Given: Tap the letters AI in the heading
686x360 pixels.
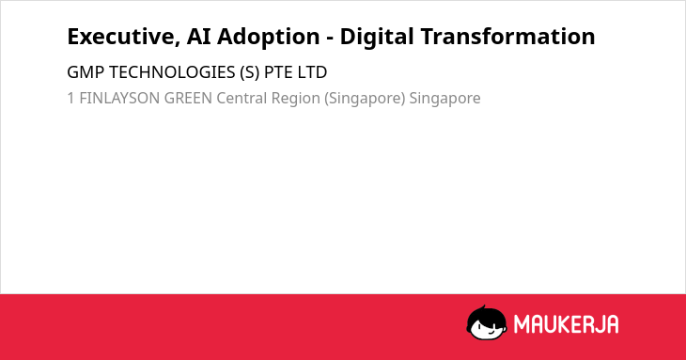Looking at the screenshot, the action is pos(198,37).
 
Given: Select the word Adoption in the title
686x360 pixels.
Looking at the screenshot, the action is pos(269,37).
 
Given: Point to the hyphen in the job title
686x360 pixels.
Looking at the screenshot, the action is pos(330,39).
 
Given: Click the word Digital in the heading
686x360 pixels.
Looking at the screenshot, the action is pos(376,37).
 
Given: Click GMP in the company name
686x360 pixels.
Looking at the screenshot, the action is pos(86,72).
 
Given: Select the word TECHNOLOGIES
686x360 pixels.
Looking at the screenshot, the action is pos(172,72).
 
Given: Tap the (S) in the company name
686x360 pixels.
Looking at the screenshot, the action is pos(250,72).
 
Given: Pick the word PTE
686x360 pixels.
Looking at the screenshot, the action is pos(278,72).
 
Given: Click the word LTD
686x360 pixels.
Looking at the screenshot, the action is pos(312,72).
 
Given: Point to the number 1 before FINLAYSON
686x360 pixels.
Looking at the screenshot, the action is pos(70,98).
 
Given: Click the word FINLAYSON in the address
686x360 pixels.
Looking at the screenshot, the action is pos(119,98).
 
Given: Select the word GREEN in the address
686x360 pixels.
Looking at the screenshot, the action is pos(188,98).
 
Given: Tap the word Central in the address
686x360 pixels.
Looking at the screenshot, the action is pos(242,98).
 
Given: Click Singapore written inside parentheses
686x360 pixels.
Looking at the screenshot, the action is pos(365,99).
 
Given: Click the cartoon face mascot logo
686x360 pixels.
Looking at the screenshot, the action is pos(487,322).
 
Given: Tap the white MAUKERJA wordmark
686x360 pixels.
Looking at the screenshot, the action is pos(566,324).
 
